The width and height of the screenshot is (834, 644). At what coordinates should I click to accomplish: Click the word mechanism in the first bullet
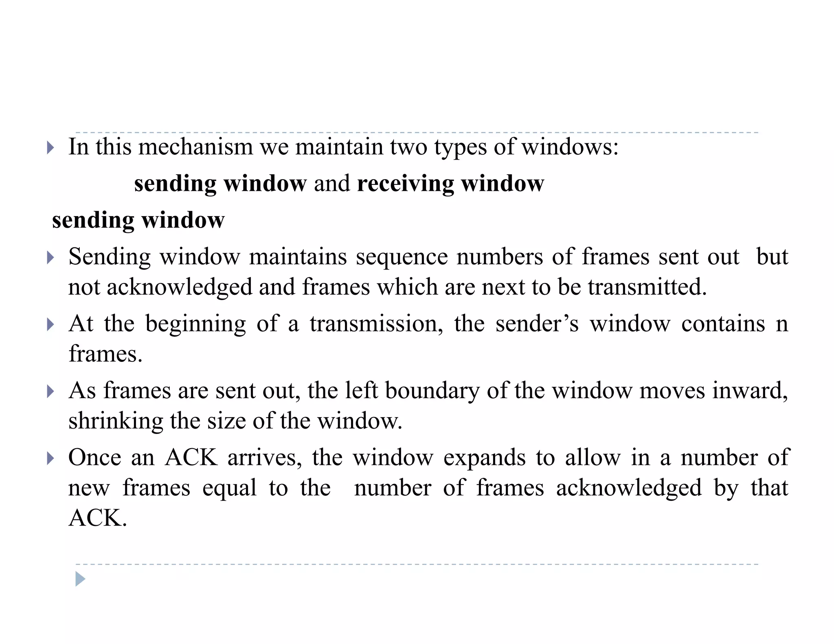coord(195,147)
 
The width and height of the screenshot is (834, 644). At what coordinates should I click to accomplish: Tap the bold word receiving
coord(405,184)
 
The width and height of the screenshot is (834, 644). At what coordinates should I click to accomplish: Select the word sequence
coord(402,257)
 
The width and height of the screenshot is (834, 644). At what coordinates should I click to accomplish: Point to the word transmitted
coord(647,287)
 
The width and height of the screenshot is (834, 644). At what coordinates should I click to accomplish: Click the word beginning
coord(195,324)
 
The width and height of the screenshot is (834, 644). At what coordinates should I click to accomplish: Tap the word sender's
coord(537,324)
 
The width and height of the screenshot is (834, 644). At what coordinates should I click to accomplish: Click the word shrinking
coord(115,421)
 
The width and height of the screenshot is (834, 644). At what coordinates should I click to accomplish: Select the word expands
coord(484,458)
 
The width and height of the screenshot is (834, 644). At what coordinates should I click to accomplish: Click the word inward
coord(750,391)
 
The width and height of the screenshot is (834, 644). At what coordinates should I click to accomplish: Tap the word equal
coord(229,488)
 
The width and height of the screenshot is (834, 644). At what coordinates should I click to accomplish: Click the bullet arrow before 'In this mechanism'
coord(50,147)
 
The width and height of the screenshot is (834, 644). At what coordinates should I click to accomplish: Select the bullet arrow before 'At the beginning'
coord(50,324)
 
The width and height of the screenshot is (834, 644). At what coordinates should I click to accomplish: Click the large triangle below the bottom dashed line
coord(80,579)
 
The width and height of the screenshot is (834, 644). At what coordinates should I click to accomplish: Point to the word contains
coord(723,324)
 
